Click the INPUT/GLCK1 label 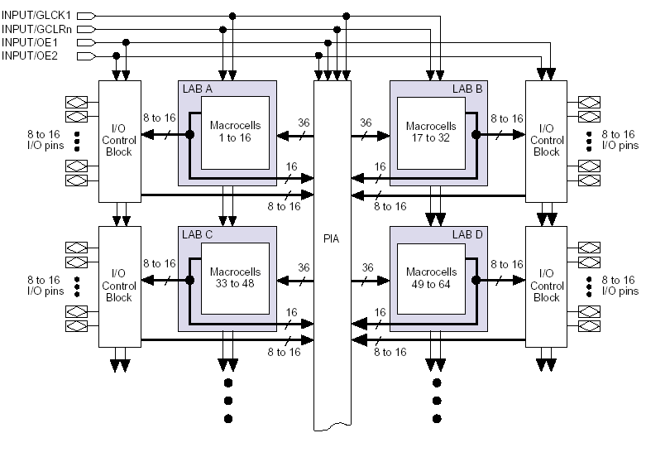click(36, 15)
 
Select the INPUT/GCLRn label click(36, 29)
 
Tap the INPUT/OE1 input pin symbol click(87, 42)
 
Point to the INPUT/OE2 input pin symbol click(87, 55)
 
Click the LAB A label click(198, 89)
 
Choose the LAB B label click(467, 89)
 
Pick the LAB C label click(198, 234)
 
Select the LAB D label click(467, 234)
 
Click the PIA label click(331, 238)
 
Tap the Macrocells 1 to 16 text click(235, 132)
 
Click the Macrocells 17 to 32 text click(431, 132)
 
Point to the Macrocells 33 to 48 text click(235, 277)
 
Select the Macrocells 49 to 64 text click(431, 278)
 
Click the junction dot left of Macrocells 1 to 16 click(190, 134)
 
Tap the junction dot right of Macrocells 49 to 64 click(476, 281)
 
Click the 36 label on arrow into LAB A click(304, 123)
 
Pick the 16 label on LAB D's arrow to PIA click(380, 312)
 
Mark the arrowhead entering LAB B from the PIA click(384, 135)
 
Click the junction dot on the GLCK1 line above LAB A click(232, 16)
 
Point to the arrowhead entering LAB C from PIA click(283, 281)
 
